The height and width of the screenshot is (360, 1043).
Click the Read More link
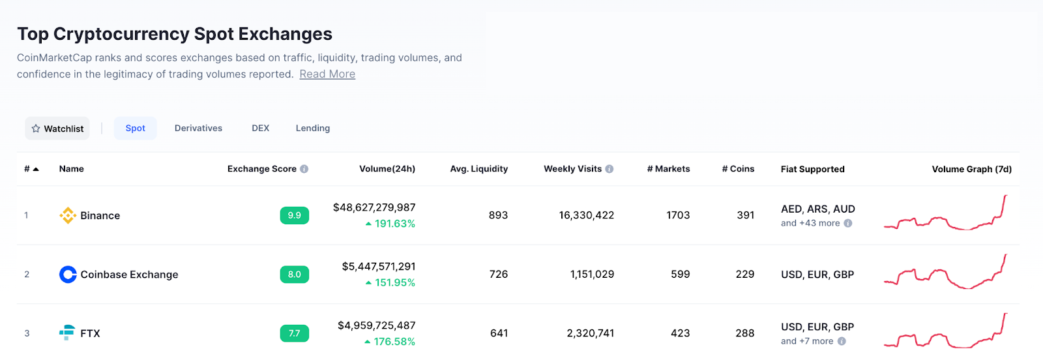coord(327,74)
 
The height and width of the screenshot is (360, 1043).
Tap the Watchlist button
coord(57,128)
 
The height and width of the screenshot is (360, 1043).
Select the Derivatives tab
coord(198,128)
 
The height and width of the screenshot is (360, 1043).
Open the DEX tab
coord(260,128)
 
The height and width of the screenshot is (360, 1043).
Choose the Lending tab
coord(313,128)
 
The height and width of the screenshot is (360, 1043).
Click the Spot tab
coord(136,128)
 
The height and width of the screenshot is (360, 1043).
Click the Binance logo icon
coord(68,215)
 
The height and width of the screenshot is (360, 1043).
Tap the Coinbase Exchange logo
coord(68,275)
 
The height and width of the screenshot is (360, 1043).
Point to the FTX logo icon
coord(67,333)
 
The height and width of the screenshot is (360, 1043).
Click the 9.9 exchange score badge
coord(294,215)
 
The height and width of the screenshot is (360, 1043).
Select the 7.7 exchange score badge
coord(294,333)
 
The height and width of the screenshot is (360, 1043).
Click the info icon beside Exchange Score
coord(304,169)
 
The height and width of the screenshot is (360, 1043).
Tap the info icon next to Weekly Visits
coord(609,169)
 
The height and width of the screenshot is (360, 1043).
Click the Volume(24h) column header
coord(387,169)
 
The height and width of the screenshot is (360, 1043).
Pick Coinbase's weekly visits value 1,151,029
coord(593,275)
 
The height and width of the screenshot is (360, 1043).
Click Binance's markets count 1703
coord(678,215)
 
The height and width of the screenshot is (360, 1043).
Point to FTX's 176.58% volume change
coord(390,342)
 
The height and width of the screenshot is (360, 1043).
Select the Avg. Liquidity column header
coord(478,169)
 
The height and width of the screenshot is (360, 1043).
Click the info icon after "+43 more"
coord(848,223)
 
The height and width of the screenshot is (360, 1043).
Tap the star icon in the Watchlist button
coord(36,128)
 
